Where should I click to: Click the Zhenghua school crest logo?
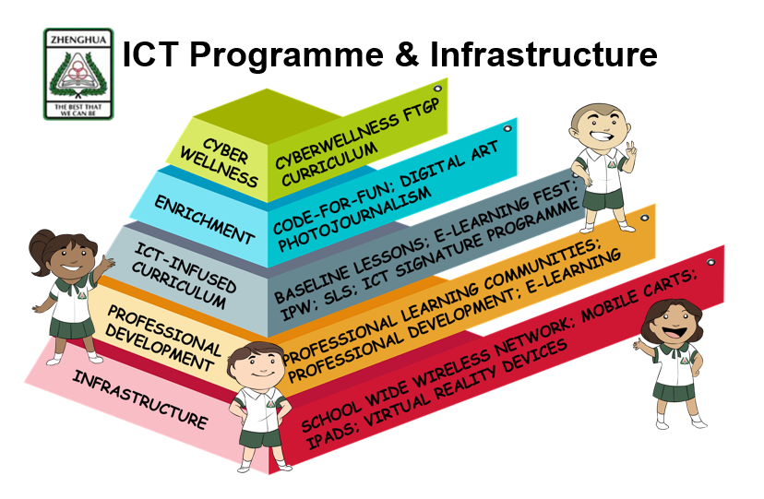click(x=78, y=74)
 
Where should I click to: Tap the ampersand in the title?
click(x=407, y=53)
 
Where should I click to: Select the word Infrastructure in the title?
click(x=543, y=53)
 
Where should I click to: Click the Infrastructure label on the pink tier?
click(x=140, y=399)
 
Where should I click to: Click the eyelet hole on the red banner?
click(x=710, y=262)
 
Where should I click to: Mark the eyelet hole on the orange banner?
click(x=644, y=218)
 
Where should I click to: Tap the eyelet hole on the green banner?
click(x=437, y=89)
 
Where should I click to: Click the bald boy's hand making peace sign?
click(x=631, y=151)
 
